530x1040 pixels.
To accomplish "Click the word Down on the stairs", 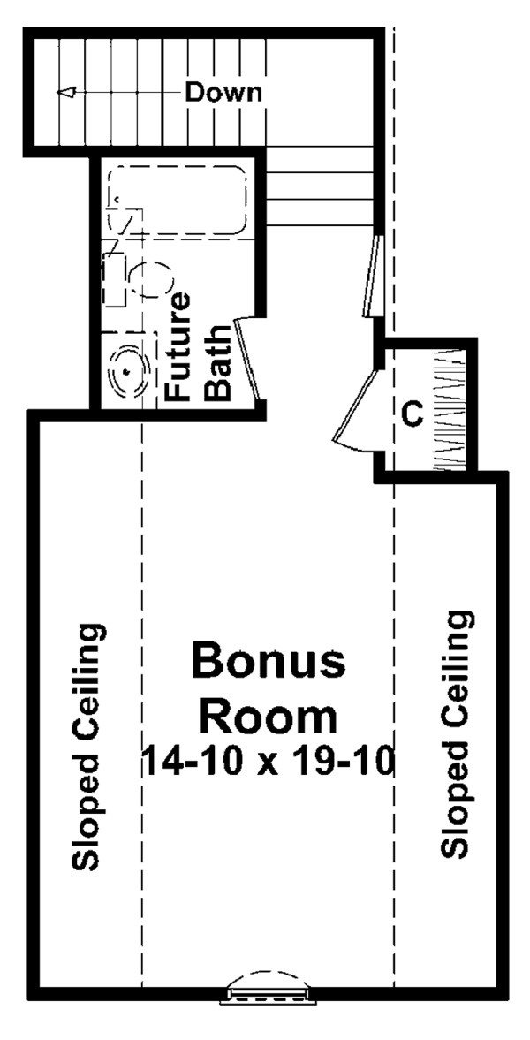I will point(223,92).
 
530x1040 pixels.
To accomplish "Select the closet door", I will point(358,406).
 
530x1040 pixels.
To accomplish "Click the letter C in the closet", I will point(413,412).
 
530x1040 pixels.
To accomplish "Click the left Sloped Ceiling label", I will point(88,747).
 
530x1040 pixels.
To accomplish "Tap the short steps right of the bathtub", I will point(318,186).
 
